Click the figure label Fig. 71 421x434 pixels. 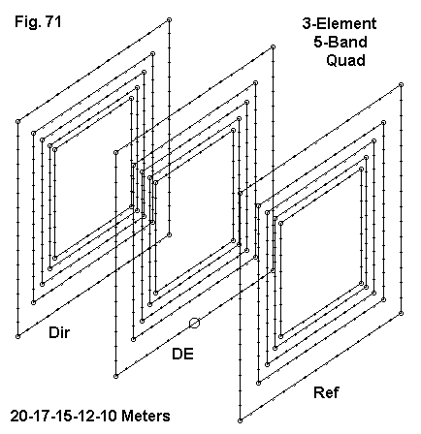click(x=38, y=22)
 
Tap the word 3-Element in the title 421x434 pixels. click(x=340, y=23)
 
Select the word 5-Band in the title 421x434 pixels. click(x=340, y=42)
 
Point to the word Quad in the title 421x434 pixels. click(x=345, y=60)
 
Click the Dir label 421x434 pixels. click(x=59, y=332)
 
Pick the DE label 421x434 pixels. click(x=182, y=355)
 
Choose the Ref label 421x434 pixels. click(x=326, y=392)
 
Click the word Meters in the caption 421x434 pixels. click(x=146, y=416)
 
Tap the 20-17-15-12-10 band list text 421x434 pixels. click(x=63, y=416)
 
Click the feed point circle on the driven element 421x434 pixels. click(x=194, y=323)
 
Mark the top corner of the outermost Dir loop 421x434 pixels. click(x=169, y=20)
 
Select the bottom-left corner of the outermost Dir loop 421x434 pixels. click(x=18, y=336)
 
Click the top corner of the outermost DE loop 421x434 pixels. click(x=273, y=47)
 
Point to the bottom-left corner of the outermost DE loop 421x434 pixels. click(x=116, y=376)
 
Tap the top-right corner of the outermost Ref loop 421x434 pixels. click(x=401, y=85)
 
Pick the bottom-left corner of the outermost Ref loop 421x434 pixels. click(x=240, y=420)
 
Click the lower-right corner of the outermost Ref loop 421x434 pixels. click(x=401, y=313)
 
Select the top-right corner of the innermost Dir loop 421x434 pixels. click(x=131, y=98)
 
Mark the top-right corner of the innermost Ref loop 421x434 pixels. click(x=361, y=169)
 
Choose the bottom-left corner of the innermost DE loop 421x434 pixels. click(x=156, y=293)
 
